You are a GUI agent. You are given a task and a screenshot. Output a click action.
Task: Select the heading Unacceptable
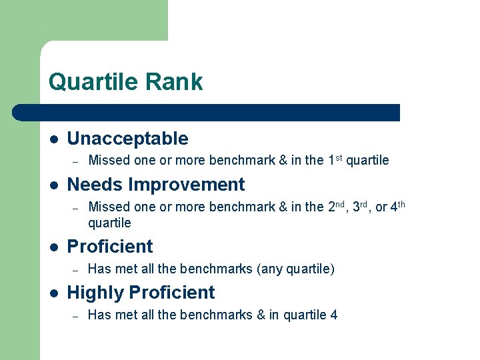coord(127,139)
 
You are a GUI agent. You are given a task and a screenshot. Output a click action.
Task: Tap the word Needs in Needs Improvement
coord(95,185)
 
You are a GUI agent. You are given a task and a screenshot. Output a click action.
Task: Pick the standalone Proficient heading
coord(110,247)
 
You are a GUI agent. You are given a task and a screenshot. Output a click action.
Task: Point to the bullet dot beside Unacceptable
coord(53,139)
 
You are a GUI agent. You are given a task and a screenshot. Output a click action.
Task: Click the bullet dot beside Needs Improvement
coord(53,185)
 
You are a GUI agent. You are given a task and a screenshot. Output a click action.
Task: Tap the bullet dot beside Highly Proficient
coord(53,293)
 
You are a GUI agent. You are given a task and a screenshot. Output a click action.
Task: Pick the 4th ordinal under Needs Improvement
coord(397,207)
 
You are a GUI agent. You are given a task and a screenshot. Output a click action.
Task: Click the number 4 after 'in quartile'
coord(333,315)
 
